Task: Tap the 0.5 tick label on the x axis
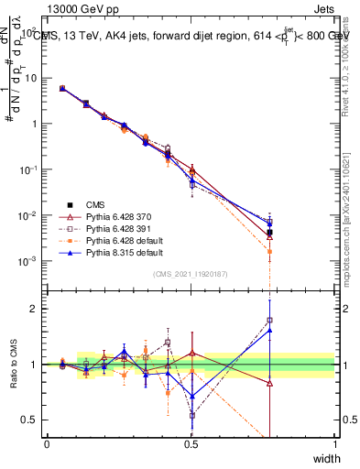pos(191,442)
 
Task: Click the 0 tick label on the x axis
pos(48,442)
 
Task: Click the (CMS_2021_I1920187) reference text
pos(191,273)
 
